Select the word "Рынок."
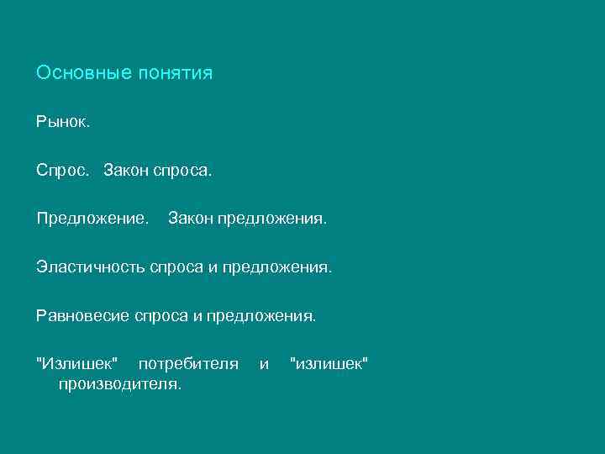(x=62, y=123)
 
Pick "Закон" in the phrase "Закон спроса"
(x=127, y=172)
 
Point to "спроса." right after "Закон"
(x=184, y=172)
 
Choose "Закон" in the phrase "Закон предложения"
(x=191, y=219)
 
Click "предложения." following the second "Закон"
(x=271, y=219)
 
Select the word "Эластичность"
(x=91, y=268)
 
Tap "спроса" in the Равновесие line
(x=161, y=316)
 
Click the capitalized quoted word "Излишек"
(x=77, y=363)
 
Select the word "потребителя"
(x=188, y=364)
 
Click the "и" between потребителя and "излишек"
(x=265, y=364)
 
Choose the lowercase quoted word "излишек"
(x=329, y=363)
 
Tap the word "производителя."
(x=119, y=384)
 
